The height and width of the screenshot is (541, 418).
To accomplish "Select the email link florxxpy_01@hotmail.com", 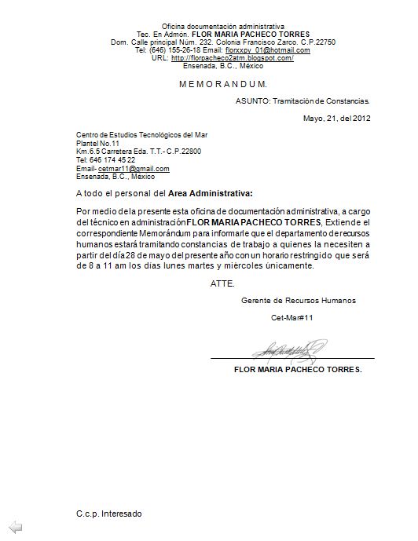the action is tap(267, 50).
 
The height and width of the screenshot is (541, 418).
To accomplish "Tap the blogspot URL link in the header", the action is tap(232, 58).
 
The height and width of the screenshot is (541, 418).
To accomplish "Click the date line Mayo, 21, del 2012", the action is tap(335, 119).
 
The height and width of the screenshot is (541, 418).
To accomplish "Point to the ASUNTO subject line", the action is tap(302, 101).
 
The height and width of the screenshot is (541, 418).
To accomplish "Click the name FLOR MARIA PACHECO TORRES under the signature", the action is tap(298, 369).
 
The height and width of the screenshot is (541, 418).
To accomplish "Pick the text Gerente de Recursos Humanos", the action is tap(298, 300).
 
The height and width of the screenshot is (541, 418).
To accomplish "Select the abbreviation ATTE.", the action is tap(222, 283).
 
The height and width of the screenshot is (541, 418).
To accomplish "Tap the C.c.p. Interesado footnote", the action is tap(109, 513).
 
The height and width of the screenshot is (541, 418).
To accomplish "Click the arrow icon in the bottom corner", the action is tap(14, 526).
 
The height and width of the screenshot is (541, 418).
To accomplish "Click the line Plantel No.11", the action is tap(97, 143).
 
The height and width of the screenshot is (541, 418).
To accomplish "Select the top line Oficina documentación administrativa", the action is tap(223, 27).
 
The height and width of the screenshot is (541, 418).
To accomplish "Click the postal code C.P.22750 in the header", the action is tap(319, 42).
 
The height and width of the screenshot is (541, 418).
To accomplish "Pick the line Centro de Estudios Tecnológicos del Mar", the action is tap(141, 134).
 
